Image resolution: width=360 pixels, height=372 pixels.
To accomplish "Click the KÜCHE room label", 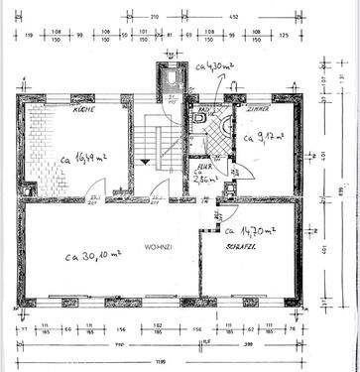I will [83, 111].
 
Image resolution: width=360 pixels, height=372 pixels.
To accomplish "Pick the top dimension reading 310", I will [155, 17].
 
